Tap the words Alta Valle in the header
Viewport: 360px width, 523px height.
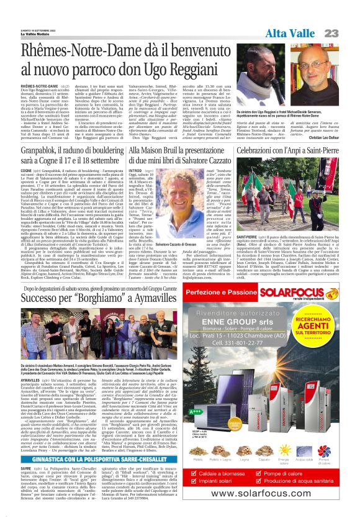(292, 32)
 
